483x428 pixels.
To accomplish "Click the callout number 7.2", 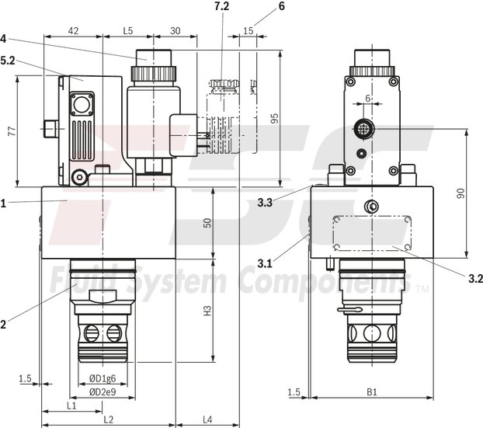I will (x=223, y=6).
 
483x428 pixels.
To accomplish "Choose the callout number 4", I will (x=4, y=37).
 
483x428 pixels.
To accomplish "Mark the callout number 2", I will (x=4, y=325).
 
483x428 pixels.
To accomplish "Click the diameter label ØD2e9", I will (x=103, y=391).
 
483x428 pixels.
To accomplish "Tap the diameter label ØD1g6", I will (x=103, y=380).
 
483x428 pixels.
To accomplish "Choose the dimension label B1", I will (x=370, y=391).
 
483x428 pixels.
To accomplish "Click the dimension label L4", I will (x=207, y=419).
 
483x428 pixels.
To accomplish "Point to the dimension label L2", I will (x=108, y=419).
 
